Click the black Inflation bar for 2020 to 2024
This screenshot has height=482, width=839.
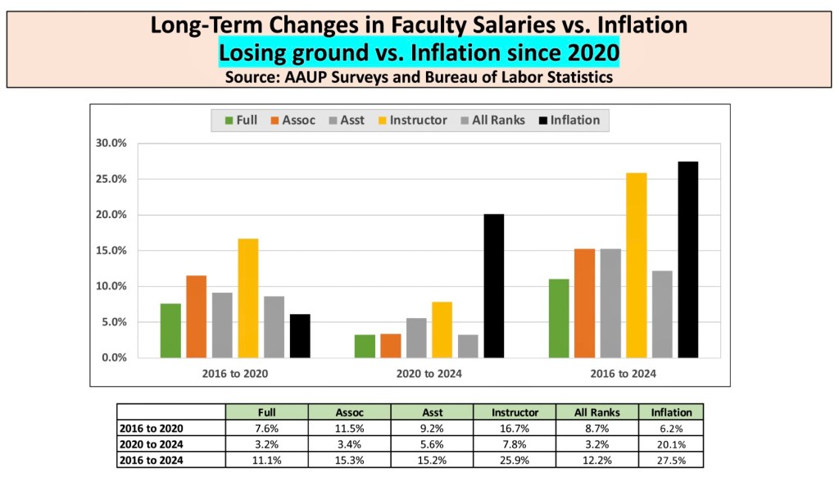pos(494,285)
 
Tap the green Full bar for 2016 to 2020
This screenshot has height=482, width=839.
pos(170,330)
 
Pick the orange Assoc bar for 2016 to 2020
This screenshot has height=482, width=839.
pos(197,316)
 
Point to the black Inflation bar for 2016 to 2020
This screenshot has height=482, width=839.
pos(300,335)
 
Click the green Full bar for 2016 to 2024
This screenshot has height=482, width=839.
pos(558,318)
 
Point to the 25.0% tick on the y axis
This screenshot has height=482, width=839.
pos(111,179)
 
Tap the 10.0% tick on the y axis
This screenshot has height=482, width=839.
pos(111,286)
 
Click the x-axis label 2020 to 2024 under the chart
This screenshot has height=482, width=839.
pos(426,374)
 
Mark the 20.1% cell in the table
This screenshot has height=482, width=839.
pos(671,443)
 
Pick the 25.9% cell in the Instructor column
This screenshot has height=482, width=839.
pos(515,459)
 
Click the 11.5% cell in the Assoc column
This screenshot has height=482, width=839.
pos(349,428)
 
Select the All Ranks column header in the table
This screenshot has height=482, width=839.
pos(597,412)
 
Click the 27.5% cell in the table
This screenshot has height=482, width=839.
pos(671,459)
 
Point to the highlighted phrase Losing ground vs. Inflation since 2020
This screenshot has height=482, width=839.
pos(419,54)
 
